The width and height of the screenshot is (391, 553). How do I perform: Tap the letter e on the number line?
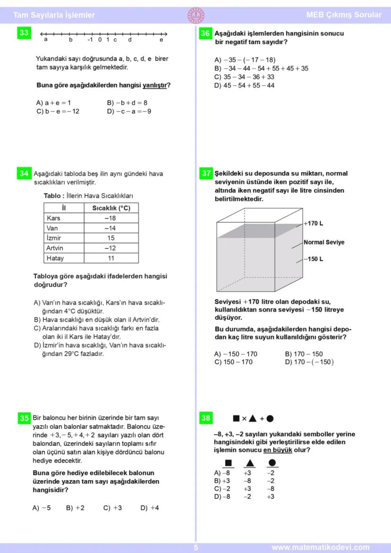(161, 40)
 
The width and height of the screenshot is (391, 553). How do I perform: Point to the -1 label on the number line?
(90, 40)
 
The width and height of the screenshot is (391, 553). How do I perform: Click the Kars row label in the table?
(55, 218)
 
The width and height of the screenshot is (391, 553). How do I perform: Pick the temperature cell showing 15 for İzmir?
(110, 238)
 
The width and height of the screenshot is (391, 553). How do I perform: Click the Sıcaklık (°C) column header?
(110, 208)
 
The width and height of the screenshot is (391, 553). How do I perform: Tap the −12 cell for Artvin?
(110, 248)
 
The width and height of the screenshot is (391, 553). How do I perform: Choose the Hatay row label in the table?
(55, 258)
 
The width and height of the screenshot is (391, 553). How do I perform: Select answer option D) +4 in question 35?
(150, 508)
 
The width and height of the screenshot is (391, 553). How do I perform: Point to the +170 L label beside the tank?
(314, 224)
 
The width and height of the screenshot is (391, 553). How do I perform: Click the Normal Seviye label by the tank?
(324, 242)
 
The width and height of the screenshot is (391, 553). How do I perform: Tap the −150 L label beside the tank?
(314, 259)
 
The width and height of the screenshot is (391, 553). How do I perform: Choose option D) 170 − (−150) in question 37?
(309, 362)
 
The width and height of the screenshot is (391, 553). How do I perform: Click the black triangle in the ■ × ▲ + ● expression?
(253, 418)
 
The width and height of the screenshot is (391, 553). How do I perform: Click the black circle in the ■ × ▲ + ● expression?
(270, 418)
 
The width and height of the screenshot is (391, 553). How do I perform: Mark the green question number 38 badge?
(206, 418)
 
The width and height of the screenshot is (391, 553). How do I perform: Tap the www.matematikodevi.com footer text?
(321, 548)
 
